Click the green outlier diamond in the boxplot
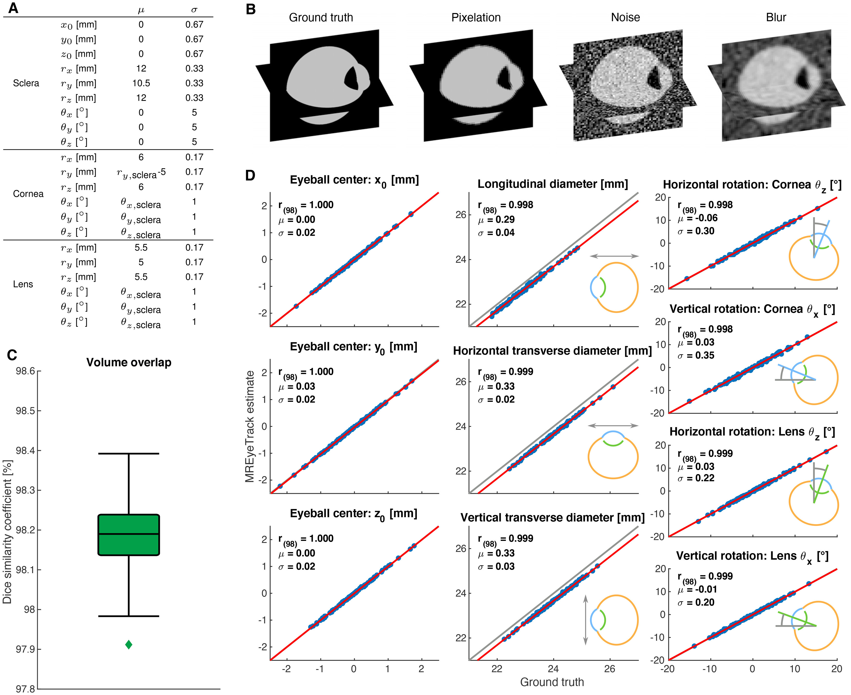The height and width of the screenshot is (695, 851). [128, 644]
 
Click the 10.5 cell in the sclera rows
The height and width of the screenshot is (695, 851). [141, 83]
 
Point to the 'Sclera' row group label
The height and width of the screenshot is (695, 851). [26, 83]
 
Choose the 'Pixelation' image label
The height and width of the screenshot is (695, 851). [476, 18]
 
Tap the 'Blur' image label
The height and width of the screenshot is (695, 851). [776, 18]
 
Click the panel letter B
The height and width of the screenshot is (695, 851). [250, 9]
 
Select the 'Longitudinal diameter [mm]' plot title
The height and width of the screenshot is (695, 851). [552, 184]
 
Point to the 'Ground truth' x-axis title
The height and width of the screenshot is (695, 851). [552, 682]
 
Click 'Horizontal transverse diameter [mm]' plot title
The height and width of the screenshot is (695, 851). [552, 351]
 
